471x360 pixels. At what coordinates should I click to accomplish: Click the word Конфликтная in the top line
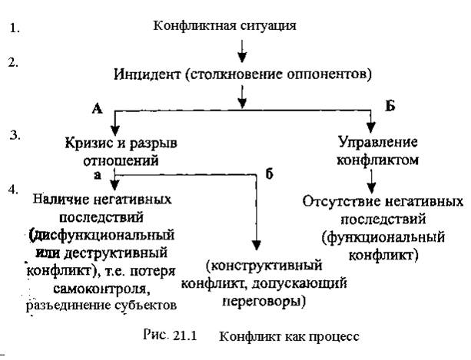187,26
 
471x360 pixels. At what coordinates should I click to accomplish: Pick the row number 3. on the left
12,136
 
